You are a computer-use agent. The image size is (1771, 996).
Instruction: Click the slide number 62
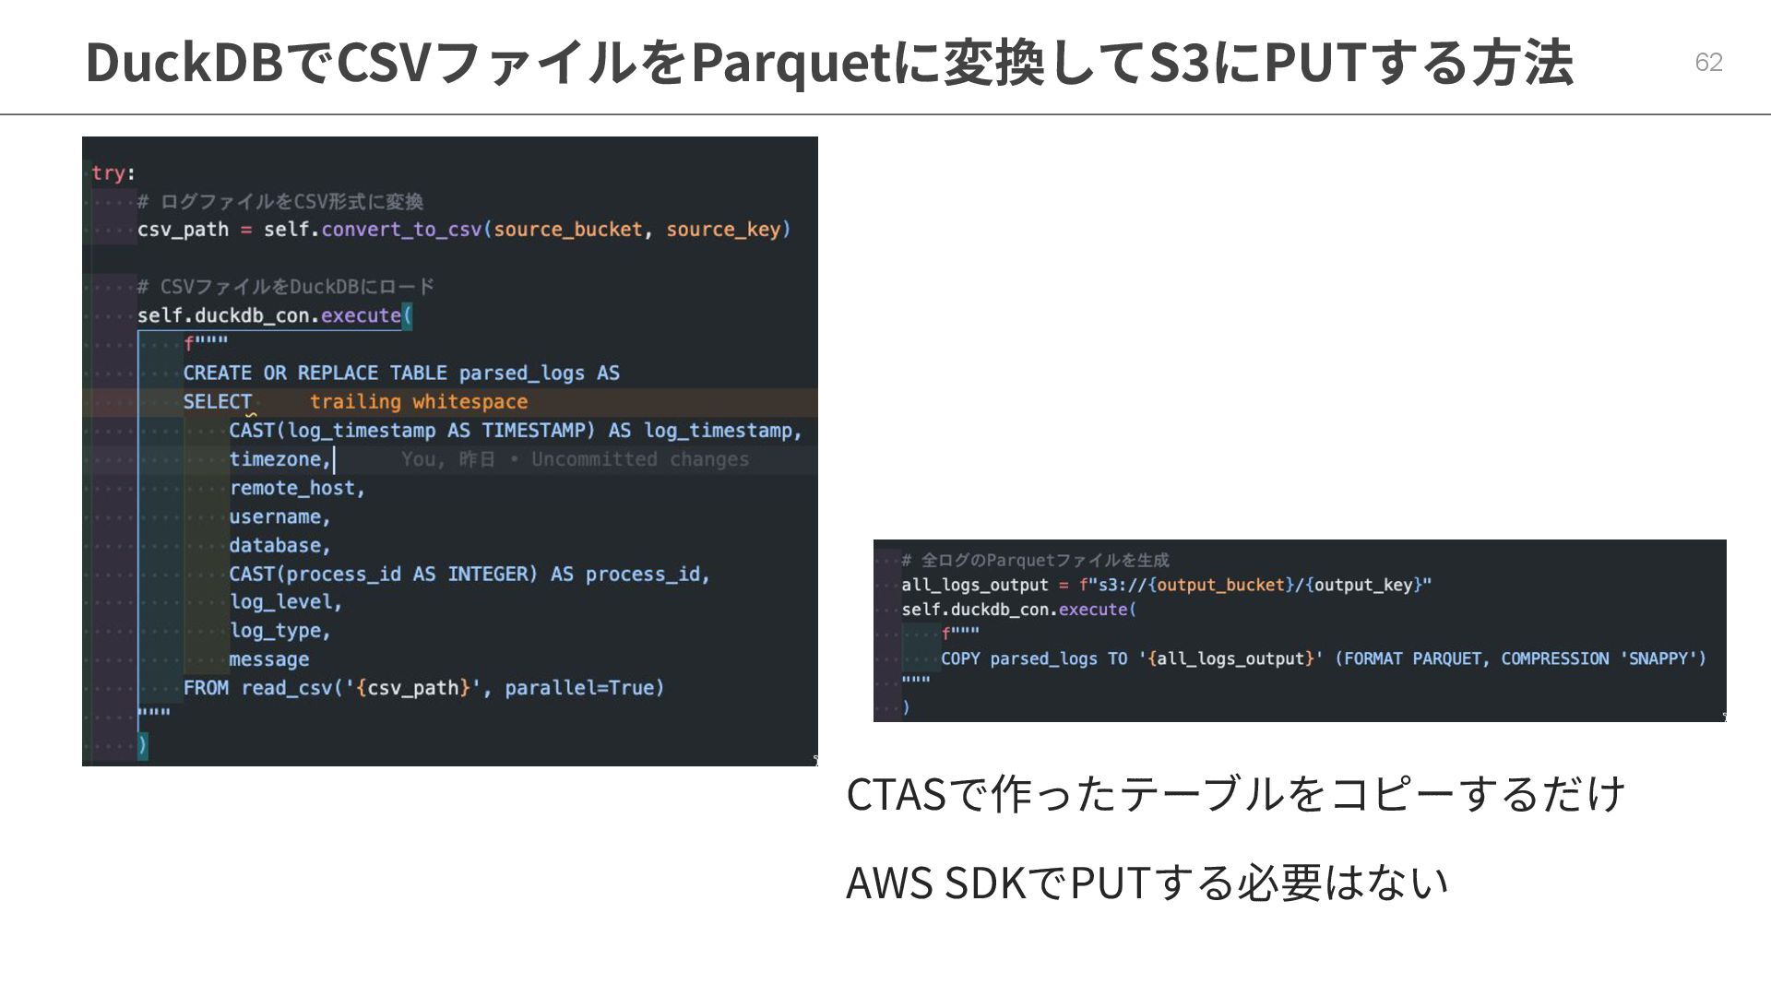coord(1708,62)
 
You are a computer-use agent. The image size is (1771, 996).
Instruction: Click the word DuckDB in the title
coord(184,63)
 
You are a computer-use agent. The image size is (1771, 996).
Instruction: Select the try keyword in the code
coord(108,172)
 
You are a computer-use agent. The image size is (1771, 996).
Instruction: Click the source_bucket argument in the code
coord(567,229)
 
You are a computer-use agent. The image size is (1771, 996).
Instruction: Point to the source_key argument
coord(723,229)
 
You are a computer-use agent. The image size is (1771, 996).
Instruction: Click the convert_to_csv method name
coord(401,229)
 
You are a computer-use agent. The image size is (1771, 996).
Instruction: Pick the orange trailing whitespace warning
coord(418,401)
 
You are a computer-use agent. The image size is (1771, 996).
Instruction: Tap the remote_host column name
coord(292,488)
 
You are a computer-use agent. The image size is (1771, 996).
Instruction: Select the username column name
coord(275,516)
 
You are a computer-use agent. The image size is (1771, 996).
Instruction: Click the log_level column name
coord(280,602)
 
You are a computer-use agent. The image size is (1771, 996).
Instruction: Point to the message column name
coord(268,659)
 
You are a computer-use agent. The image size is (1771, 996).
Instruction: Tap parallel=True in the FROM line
coord(584,688)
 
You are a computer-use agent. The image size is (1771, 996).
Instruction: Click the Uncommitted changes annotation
coord(640,459)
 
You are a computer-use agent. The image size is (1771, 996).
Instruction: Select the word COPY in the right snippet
coord(960,658)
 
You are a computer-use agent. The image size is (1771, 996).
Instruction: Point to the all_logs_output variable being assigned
coord(975,585)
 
